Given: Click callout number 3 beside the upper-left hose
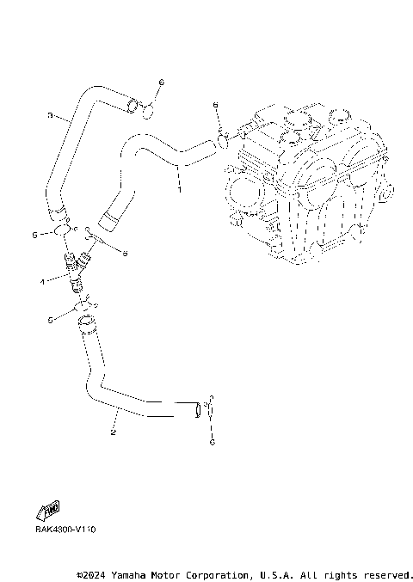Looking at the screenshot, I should (x=50, y=114).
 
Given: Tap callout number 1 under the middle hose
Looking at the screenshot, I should (x=179, y=182).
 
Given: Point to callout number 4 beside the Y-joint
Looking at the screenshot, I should (x=41, y=280).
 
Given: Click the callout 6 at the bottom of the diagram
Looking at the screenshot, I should (x=212, y=442).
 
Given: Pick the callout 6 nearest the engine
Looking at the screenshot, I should (x=216, y=104).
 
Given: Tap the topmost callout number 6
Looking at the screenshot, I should (x=160, y=82).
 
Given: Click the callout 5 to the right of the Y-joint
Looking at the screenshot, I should (x=124, y=253).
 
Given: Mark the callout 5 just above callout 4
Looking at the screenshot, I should (x=34, y=234).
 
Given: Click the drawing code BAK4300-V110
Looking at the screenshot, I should (x=65, y=529).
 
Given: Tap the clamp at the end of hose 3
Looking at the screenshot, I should (x=133, y=107).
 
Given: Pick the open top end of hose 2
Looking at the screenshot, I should (x=84, y=322).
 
